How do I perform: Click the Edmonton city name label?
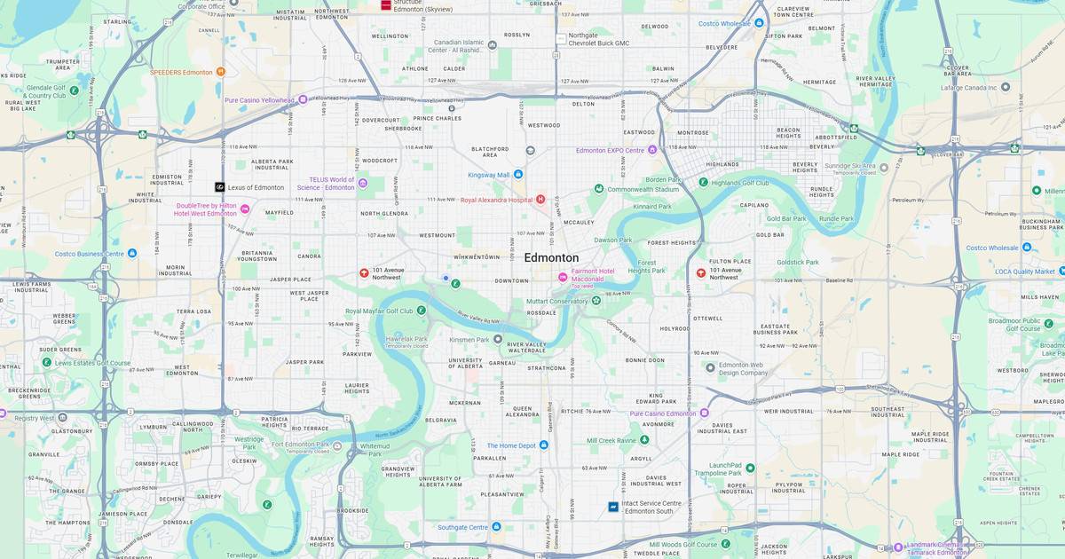[551, 257]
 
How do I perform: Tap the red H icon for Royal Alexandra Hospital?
[540, 200]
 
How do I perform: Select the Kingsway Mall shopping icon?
[518, 175]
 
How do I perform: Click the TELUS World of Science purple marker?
[362, 185]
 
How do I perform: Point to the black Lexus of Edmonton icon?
[219, 187]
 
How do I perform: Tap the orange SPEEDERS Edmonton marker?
[220, 72]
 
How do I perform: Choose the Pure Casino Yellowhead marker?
[303, 100]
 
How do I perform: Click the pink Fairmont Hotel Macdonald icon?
[562, 278]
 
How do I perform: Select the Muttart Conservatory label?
[556, 301]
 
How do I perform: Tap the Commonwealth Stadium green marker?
[599, 189]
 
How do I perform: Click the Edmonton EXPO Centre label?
[610, 151]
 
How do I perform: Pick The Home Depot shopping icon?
[543, 445]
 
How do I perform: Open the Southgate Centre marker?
[496, 527]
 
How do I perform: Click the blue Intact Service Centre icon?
[612, 507]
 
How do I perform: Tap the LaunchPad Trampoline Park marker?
[750, 468]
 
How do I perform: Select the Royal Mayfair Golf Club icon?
[421, 311]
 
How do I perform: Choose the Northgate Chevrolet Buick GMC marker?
[561, 39]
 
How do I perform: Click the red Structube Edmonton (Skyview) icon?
[385, 4]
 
